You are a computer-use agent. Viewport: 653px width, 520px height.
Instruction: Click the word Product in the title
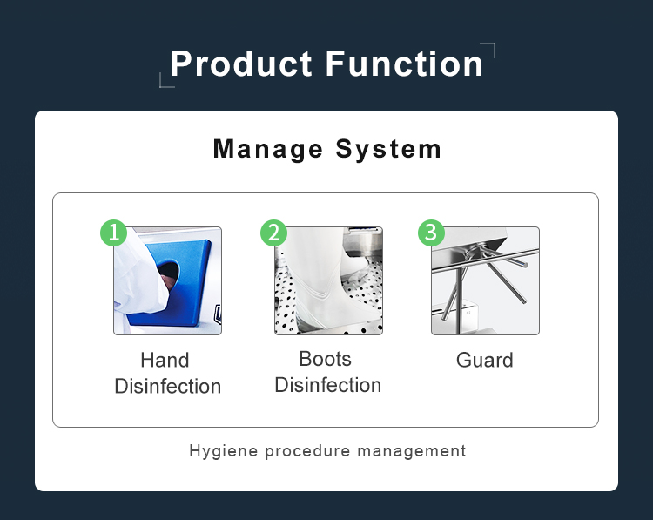point(240,64)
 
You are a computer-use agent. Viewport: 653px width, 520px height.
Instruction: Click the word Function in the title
point(404,64)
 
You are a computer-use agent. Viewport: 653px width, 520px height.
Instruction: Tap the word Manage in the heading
point(268,149)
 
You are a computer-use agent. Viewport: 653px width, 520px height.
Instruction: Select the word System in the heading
point(388,149)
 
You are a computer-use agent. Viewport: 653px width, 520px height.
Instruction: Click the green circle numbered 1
point(114,233)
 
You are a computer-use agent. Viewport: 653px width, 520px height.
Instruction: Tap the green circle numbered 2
point(273,233)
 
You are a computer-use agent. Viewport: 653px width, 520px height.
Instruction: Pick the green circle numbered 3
point(431,233)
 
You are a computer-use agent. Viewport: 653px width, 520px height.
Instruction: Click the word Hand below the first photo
point(165,360)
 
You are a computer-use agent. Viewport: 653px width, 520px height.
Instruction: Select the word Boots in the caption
point(326,359)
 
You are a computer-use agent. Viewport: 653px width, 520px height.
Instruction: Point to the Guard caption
point(485,360)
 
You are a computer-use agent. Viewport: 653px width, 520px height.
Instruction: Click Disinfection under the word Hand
point(168,386)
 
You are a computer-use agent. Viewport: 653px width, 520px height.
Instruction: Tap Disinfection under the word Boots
point(328,385)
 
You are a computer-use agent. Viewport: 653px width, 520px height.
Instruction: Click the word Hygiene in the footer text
point(223,451)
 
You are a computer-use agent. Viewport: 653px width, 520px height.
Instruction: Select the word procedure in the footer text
point(307,451)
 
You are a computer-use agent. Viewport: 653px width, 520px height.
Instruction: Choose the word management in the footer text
point(412,451)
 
